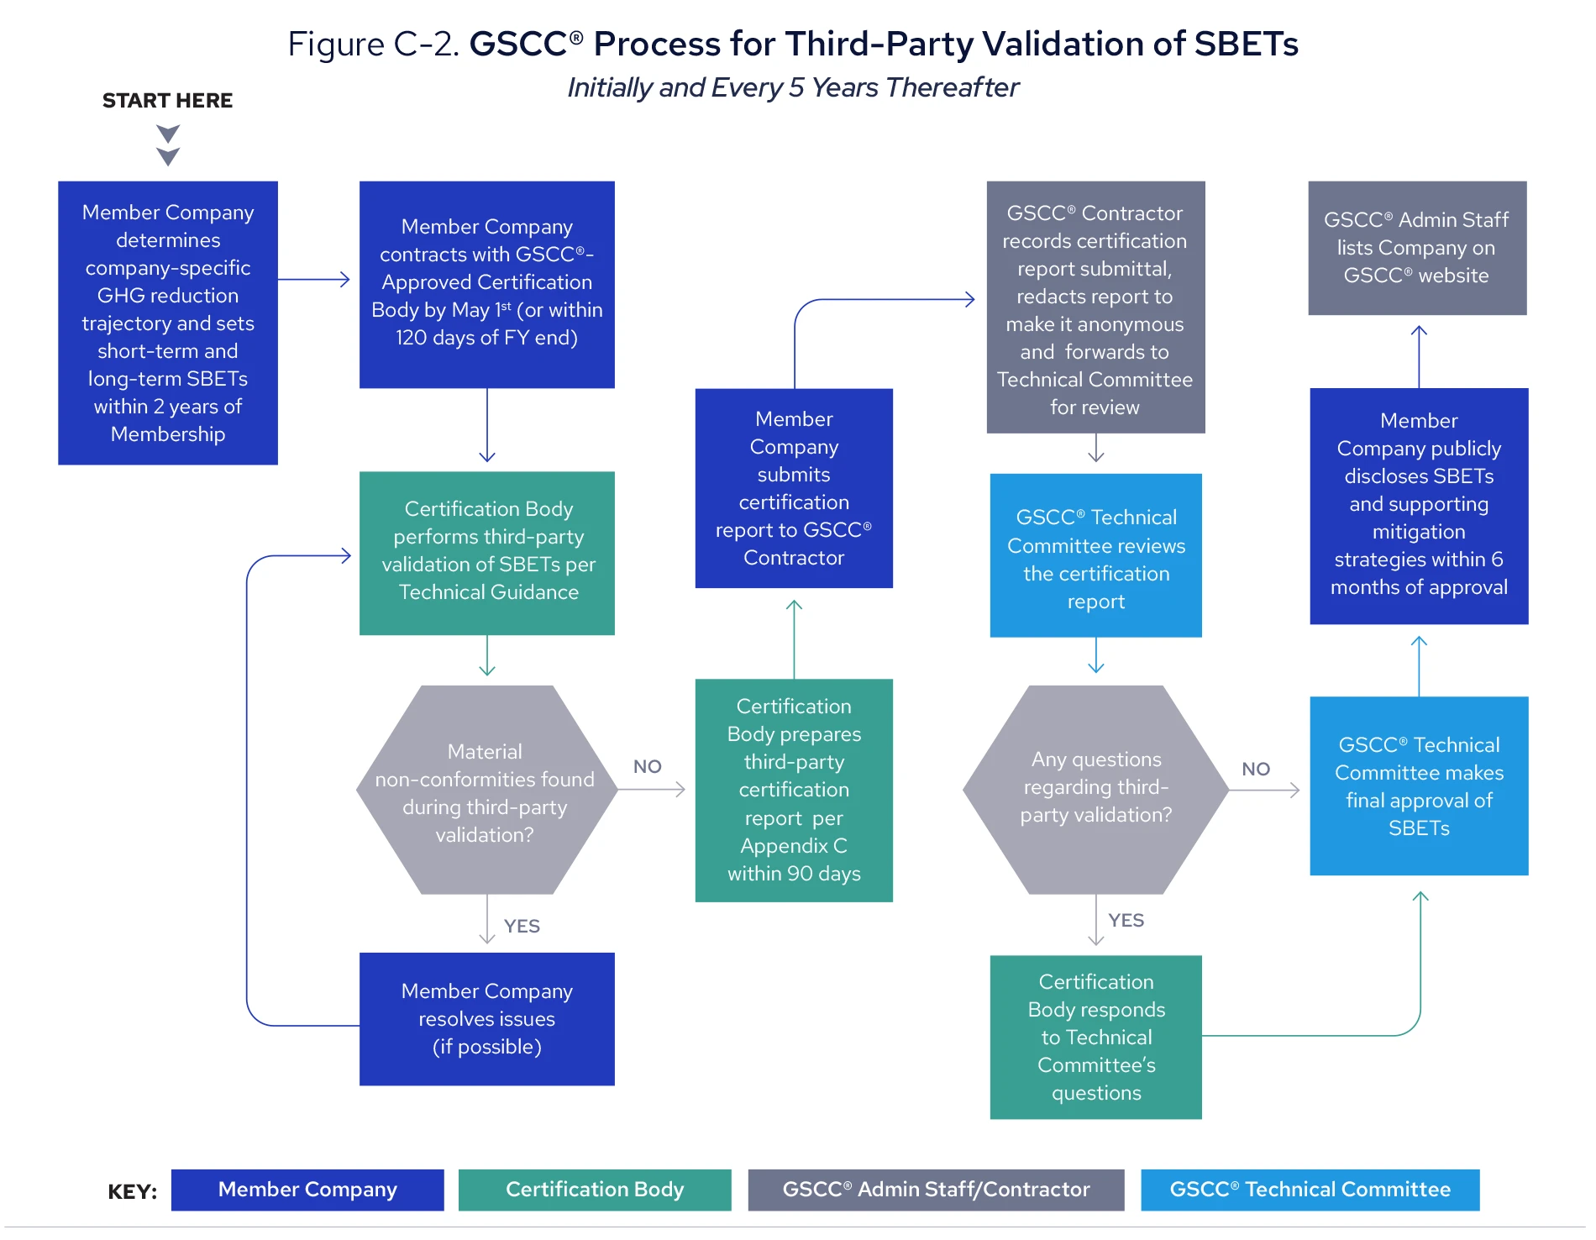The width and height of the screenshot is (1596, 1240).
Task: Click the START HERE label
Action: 167,101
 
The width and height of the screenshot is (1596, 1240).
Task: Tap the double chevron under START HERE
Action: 168,145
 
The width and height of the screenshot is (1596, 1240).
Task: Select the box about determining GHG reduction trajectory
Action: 168,323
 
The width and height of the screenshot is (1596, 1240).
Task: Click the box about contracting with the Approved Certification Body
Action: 486,284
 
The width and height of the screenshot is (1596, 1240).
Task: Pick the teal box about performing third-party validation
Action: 486,552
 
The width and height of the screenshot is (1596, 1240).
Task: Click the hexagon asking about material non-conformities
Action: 486,790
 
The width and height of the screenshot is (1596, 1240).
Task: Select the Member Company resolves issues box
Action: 486,1018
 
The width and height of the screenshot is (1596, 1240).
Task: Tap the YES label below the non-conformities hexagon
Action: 522,926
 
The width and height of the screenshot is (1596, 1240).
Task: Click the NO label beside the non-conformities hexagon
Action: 647,766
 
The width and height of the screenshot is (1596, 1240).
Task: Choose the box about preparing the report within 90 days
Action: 793,790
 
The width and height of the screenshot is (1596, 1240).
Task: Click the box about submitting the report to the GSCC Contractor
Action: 793,488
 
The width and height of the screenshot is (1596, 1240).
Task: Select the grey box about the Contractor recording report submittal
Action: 1095,307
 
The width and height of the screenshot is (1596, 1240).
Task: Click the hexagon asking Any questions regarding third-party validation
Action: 1095,788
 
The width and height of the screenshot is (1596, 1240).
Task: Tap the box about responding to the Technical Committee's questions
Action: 1095,1037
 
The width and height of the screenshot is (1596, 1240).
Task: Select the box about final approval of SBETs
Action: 1418,786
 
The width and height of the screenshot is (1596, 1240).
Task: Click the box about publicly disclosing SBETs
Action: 1418,506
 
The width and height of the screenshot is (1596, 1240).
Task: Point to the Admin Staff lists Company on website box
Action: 1416,248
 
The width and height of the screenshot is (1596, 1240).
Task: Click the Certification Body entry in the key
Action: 594,1190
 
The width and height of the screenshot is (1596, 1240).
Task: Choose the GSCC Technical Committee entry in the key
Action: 1310,1190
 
